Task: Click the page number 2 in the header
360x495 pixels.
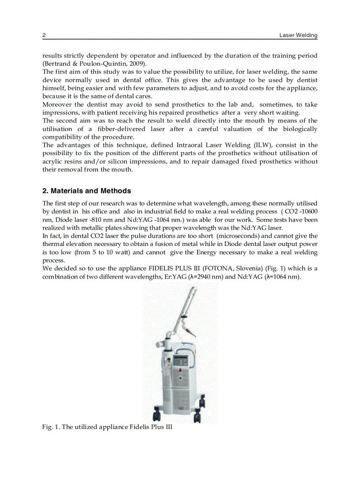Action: click(x=44, y=35)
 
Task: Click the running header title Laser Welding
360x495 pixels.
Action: click(x=298, y=35)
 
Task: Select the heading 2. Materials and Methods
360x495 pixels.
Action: click(x=86, y=191)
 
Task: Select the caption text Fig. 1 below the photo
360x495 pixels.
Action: click(x=50, y=427)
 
